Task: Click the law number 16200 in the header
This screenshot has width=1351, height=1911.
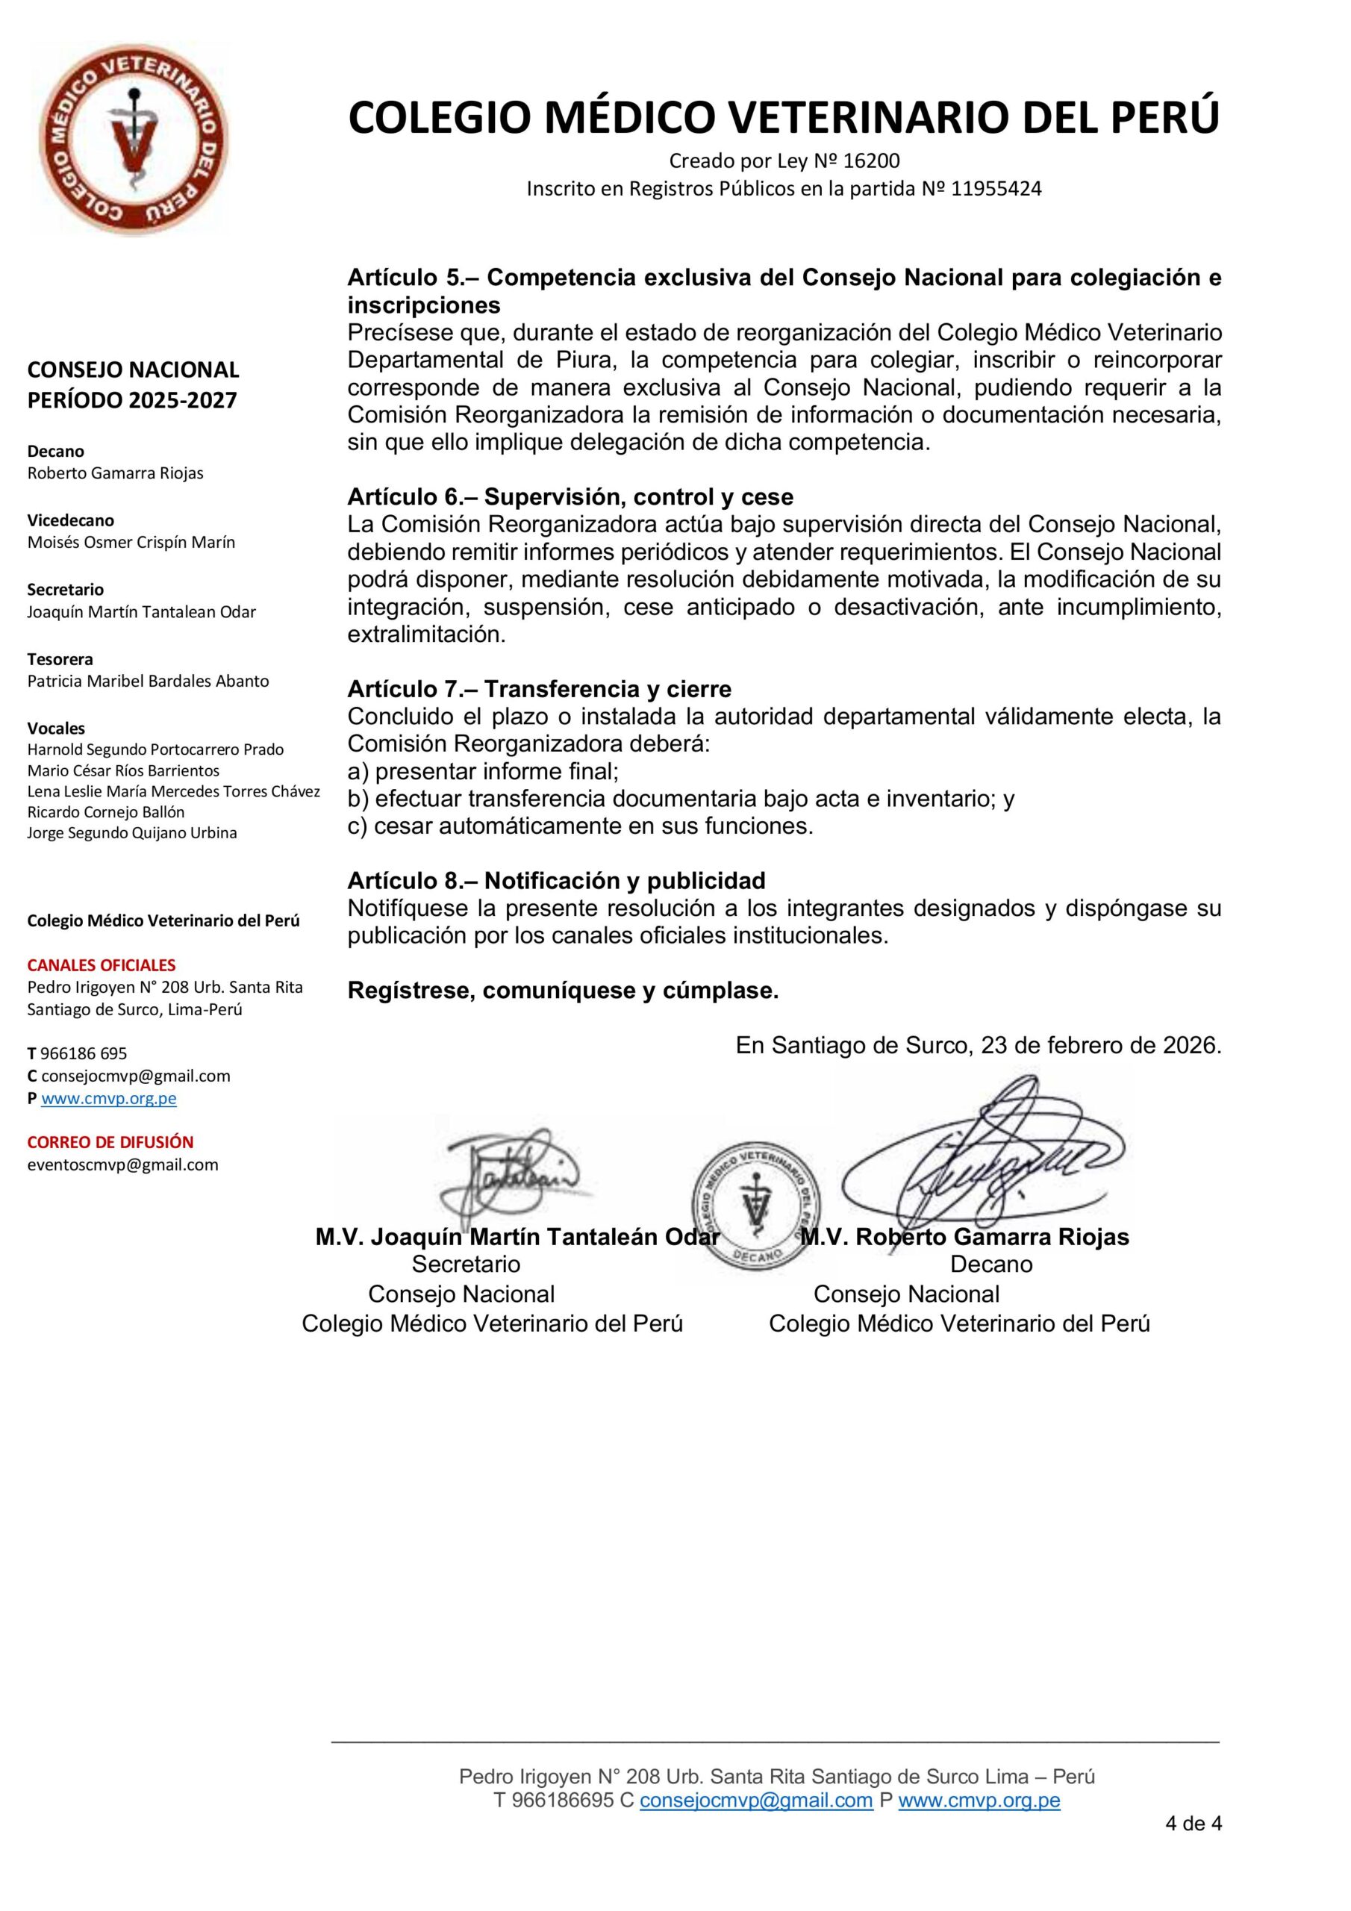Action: pyautogui.click(x=872, y=160)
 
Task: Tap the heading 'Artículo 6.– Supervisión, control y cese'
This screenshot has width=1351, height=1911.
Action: pyautogui.click(x=570, y=497)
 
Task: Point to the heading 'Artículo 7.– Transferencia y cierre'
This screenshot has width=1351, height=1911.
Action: pyautogui.click(x=540, y=689)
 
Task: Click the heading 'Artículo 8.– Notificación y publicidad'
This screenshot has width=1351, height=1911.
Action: pyautogui.click(x=556, y=881)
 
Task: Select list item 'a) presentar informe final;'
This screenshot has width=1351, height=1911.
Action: pyautogui.click(x=483, y=772)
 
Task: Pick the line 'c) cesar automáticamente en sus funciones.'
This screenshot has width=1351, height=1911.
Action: pyautogui.click(x=580, y=826)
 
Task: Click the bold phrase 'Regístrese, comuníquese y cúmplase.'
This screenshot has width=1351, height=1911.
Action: pyautogui.click(x=563, y=991)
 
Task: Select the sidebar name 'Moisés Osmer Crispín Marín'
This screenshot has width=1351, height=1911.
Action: pyautogui.click(x=131, y=543)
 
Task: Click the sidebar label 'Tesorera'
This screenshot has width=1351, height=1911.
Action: pyautogui.click(x=60, y=659)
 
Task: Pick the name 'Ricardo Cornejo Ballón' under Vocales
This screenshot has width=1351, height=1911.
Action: pyautogui.click(x=106, y=811)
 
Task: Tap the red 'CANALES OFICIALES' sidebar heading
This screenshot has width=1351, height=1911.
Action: pyautogui.click(x=102, y=965)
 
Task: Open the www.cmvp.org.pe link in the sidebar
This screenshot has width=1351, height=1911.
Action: pyautogui.click(x=109, y=1098)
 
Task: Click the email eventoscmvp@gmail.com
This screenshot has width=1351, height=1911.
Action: pyautogui.click(x=122, y=1165)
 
